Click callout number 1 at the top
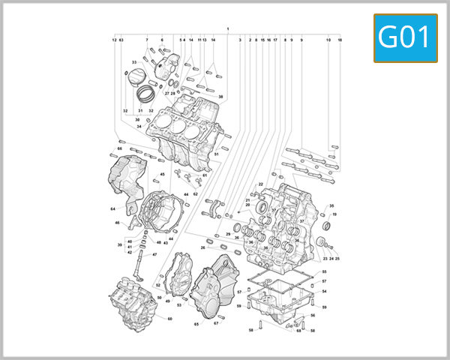(227, 28)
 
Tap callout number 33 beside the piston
(134, 61)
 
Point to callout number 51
(216, 154)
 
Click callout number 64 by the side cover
(112, 208)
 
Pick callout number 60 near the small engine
(169, 319)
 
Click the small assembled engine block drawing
(133, 304)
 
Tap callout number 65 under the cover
(196, 324)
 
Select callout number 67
(215, 323)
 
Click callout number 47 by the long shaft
(155, 254)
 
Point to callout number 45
(162, 175)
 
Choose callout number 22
(261, 184)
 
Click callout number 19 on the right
(334, 214)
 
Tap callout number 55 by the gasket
(324, 271)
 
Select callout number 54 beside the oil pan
(324, 291)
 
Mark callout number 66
(119, 148)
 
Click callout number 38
(220, 97)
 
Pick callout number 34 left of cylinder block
(139, 126)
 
